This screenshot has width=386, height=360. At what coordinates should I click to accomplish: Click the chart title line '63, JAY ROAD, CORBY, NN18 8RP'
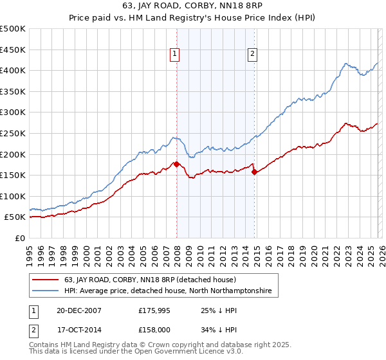[x=192, y=6]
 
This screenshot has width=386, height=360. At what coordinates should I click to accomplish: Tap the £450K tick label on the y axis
[x=13, y=50]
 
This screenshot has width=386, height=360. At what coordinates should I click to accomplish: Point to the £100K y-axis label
[x=13, y=196]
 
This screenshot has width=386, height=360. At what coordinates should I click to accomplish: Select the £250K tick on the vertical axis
[x=13, y=133]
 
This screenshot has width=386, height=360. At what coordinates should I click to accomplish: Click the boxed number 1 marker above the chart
[x=176, y=54]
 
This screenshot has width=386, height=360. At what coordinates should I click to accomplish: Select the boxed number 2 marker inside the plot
[x=253, y=54]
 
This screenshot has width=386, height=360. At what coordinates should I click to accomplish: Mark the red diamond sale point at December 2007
[x=176, y=164]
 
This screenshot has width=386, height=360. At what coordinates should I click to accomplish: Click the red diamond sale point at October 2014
[x=254, y=172]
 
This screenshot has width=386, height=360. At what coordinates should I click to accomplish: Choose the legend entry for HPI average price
[x=168, y=291]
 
